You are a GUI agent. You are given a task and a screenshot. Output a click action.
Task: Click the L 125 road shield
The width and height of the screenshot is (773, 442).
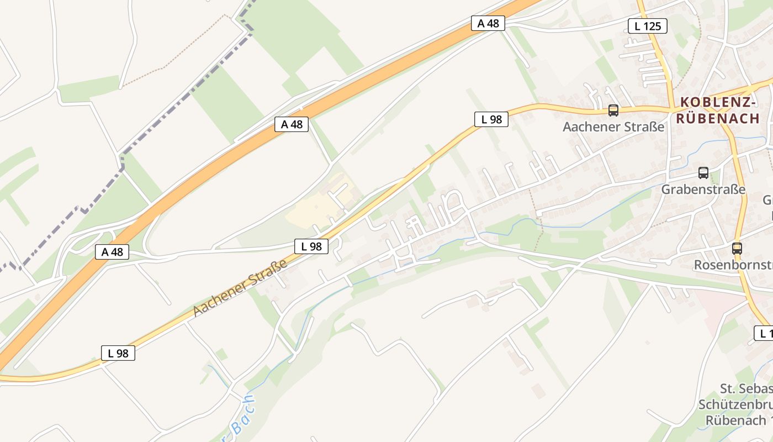(648, 25)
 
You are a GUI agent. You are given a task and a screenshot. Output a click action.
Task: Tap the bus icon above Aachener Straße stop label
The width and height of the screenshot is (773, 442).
(613, 110)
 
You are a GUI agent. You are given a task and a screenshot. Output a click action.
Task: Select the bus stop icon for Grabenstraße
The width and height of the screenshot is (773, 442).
(703, 172)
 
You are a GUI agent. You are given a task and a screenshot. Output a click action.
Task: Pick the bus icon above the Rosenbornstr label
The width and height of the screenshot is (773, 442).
(737, 248)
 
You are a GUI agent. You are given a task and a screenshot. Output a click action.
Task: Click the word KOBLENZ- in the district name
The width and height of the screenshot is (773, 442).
(718, 102)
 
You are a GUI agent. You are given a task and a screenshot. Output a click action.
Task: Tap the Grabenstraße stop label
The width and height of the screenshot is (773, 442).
(703, 190)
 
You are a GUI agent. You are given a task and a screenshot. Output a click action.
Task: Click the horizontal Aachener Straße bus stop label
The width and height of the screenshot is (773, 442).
(613, 127)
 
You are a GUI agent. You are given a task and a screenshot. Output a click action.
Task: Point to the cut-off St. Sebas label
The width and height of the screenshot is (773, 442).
(745, 388)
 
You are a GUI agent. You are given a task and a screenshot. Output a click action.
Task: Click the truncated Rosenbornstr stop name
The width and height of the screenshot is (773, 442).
(733, 265)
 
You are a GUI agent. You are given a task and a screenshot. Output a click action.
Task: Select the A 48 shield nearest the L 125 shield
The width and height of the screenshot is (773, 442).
(488, 23)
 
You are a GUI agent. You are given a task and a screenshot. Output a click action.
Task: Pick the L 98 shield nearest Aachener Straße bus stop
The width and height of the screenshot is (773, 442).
(491, 119)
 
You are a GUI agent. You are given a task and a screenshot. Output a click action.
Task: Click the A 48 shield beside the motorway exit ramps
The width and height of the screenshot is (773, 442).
(112, 252)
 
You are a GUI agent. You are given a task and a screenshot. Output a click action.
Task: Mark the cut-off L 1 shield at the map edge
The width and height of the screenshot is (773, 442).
(764, 333)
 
